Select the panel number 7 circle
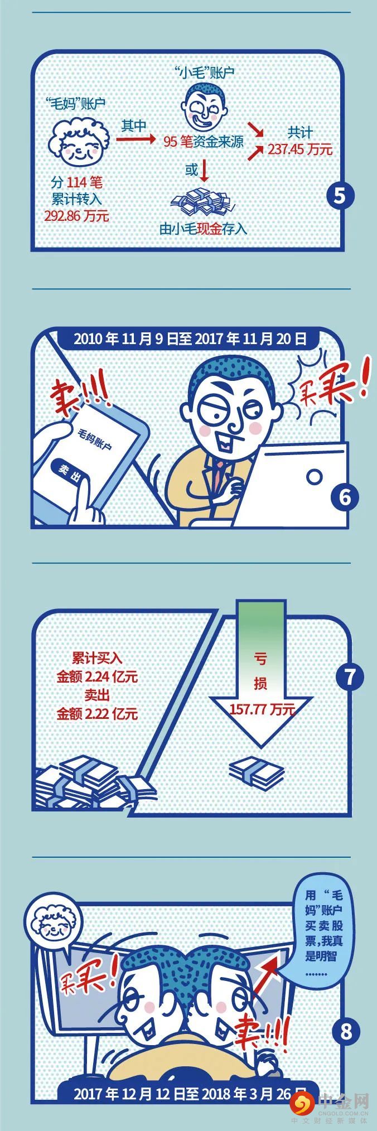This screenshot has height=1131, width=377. point(350,677)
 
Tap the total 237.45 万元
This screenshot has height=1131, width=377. point(300,149)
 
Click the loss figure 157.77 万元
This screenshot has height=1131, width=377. point(262,709)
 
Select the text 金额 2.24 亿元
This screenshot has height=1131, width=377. point(96,677)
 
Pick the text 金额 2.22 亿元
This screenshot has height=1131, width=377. point(96,713)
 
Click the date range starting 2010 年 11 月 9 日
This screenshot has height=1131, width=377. point(190,338)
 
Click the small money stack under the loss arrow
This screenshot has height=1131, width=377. point(257,772)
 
